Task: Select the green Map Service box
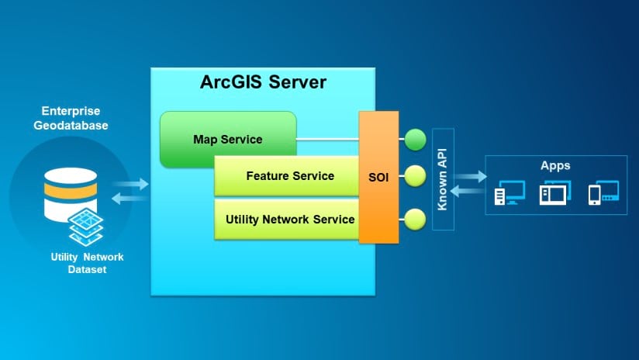pos(228,139)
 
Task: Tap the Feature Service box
pos(289,176)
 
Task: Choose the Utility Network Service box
pos(289,220)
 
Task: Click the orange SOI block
pos(378,176)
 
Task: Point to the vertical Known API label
pos(442,179)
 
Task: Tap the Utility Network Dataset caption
pos(87,263)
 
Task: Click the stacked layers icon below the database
pos(87,227)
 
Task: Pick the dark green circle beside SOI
pos(416,140)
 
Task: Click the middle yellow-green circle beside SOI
pos(416,176)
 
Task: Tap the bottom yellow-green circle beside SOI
pos(416,220)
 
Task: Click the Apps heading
pos(555,165)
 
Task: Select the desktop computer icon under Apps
pos(509,192)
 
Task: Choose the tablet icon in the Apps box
pos(555,192)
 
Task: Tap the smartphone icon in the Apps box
pos(603,192)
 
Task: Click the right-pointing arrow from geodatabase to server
pos(133,184)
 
